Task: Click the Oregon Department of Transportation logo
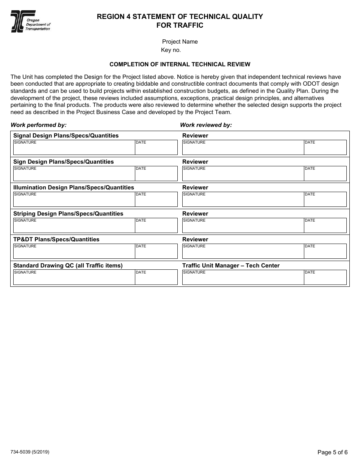click(30, 21)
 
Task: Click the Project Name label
click(180, 42)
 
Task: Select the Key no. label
click(171, 50)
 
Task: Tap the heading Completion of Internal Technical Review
click(180, 64)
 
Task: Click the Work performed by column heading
click(39, 125)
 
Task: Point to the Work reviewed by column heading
click(206, 125)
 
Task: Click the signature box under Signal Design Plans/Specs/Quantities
click(74, 149)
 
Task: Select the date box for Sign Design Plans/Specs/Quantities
click(156, 174)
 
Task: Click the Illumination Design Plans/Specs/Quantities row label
click(74, 188)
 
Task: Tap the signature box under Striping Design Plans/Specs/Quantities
click(74, 226)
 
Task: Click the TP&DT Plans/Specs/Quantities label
click(56, 239)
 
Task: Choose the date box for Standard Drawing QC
click(156, 278)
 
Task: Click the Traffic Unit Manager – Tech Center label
click(231, 266)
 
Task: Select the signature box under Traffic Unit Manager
click(243, 278)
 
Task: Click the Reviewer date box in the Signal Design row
click(325, 149)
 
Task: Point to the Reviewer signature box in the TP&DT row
click(243, 252)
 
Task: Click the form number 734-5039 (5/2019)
click(30, 452)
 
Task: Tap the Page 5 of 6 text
click(332, 452)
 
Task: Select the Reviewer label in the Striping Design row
click(195, 214)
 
